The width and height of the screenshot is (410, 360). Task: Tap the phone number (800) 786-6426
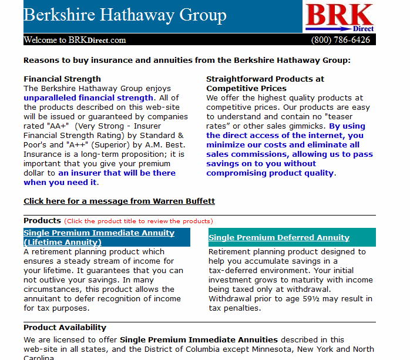pos(340,40)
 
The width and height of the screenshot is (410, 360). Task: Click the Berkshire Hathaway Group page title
pos(125,15)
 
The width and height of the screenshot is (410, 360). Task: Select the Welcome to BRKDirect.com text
pos(75,40)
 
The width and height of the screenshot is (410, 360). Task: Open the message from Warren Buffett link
pos(119,201)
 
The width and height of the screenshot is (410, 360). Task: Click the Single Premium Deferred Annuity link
pos(279,238)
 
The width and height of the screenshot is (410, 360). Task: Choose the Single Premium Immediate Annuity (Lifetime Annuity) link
pos(99,237)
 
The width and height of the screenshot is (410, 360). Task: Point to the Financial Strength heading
pos(62,79)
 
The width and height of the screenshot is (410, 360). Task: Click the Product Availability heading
pos(65,327)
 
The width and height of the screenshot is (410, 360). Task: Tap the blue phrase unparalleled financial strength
pos(88,97)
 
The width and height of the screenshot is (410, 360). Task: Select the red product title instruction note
pos(139,221)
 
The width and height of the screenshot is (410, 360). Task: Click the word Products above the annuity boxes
pos(42,221)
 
